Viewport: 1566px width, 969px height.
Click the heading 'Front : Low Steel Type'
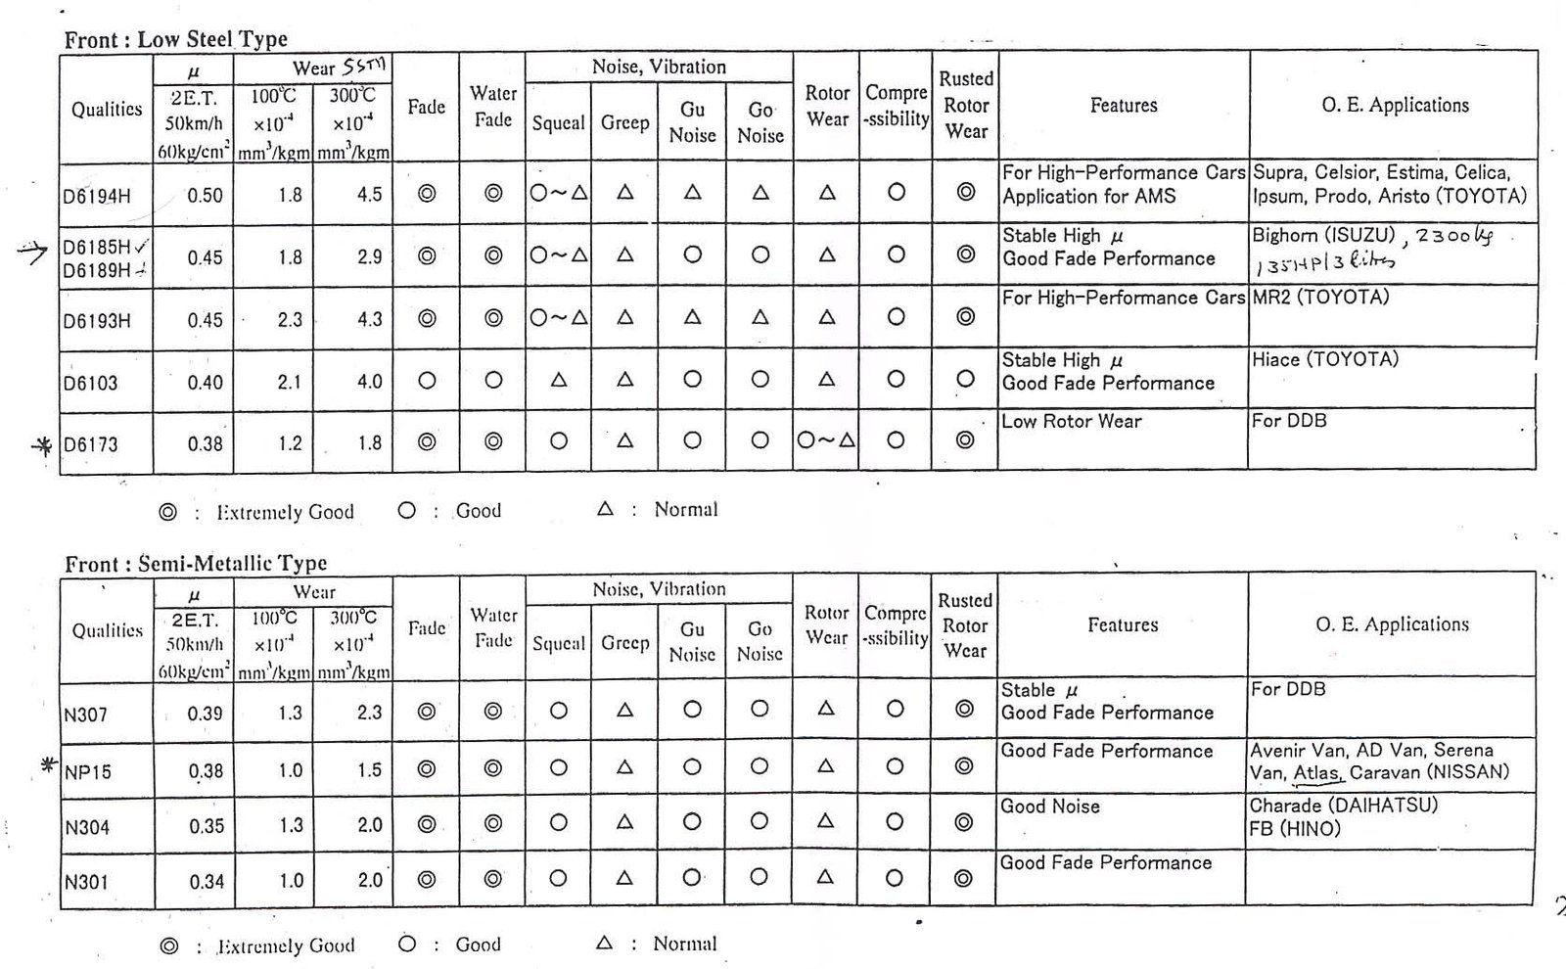[176, 40]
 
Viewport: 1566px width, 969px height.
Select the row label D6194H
[97, 196]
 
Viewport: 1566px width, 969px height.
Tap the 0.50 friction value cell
[206, 195]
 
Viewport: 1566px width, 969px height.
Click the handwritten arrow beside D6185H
[32, 254]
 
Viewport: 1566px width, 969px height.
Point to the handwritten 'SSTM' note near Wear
[364, 67]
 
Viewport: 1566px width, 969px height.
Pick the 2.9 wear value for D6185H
[369, 256]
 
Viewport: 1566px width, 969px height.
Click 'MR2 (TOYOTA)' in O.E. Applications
[1320, 297]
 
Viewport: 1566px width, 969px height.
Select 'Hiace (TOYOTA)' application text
[1325, 359]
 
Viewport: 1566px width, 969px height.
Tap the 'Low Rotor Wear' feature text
[1072, 421]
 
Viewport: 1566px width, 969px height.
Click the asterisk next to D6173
[42, 446]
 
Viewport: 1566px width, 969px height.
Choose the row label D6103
[90, 383]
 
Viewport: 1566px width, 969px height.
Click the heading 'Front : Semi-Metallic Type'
[196, 564]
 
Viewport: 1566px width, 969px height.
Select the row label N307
[85, 715]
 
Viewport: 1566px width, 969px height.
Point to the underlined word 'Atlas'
[1316, 772]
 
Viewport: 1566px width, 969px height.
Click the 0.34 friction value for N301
[207, 881]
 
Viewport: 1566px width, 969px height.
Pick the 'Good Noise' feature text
[1050, 807]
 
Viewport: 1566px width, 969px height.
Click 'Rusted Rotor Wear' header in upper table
[966, 105]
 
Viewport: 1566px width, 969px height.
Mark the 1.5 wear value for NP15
[369, 770]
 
